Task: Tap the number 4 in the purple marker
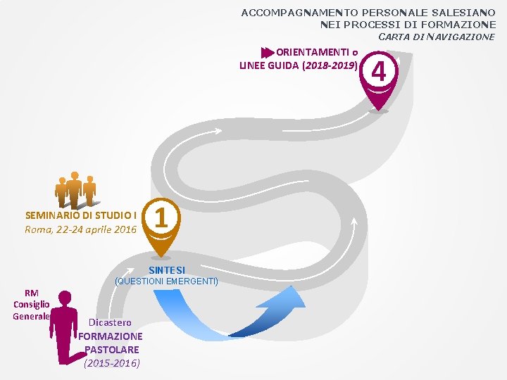tap(380, 72)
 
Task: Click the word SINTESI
tap(167, 270)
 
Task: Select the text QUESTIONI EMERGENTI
tap(166, 281)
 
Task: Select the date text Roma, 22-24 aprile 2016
tap(80, 229)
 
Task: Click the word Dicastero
tap(110, 322)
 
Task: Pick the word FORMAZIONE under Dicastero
tap(110, 336)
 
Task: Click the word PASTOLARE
tap(111, 349)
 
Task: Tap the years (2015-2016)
tap(111, 363)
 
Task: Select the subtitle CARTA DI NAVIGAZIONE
tap(437, 37)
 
